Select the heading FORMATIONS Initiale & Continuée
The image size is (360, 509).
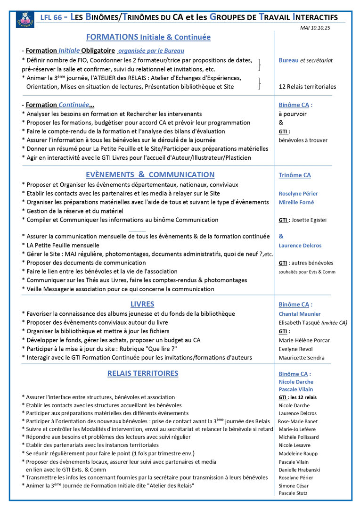pos(148,37)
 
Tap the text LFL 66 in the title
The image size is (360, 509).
pos(51,17)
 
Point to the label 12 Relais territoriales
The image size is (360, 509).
pos(307,87)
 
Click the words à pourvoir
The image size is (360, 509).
pos(293,114)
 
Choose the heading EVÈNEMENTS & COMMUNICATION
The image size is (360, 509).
pos(150,175)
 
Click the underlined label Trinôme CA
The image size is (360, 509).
pos(295,175)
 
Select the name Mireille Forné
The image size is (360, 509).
pos(296,202)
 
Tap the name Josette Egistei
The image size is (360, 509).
pos(309,220)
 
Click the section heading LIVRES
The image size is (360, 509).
pos(142,304)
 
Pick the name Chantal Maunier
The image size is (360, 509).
pos(300,314)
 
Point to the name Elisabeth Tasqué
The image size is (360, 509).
pos(300,323)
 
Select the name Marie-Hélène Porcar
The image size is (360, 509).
pos(304,340)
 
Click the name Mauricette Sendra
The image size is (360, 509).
pos(302,358)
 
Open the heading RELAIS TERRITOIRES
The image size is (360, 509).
pos(143,374)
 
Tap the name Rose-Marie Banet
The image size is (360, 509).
pos(298,421)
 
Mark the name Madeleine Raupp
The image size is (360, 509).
pos(298,453)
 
